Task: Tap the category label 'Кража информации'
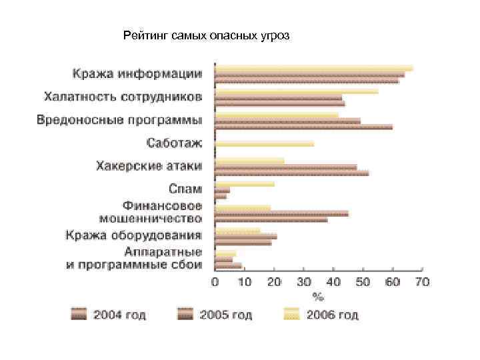(137, 73)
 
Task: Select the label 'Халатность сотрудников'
(123, 97)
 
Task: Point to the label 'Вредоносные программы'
(119, 121)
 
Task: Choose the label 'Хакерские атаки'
(149, 165)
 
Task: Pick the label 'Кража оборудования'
(133, 235)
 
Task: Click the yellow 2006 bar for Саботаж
(264, 143)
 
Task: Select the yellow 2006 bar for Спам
(245, 183)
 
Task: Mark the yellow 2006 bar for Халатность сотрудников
(297, 91)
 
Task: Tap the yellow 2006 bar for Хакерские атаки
(250, 160)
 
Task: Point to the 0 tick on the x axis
(215, 282)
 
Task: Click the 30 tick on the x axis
(304, 282)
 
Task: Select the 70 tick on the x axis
(423, 282)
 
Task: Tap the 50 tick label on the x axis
(363, 282)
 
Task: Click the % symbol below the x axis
(319, 294)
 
